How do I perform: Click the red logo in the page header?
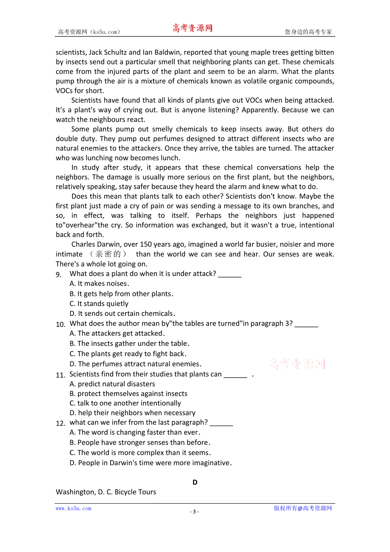click(192, 28)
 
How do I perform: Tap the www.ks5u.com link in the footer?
click(73, 508)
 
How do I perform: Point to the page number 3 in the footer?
click(195, 511)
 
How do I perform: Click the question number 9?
click(59, 275)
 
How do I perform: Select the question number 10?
click(60, 324)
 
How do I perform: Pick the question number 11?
click(60, 375)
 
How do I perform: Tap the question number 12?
click(60, 423)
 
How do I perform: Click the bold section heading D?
click(195, 482)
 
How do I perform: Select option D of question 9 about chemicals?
click(122, 314)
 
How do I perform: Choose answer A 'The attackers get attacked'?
click(117, 333)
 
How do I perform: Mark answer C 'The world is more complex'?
click(140, 453)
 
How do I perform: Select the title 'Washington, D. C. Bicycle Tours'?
click(106, 492)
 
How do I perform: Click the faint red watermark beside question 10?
click(297, 363)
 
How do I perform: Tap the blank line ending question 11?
click(235, 375)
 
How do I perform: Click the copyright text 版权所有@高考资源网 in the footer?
click(303, 508)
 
